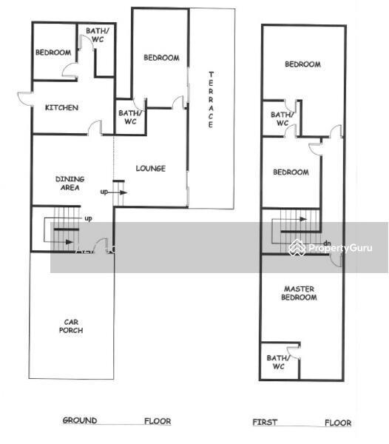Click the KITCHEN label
point(61,107)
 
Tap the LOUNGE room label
point(151,169)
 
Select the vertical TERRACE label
point(211,99)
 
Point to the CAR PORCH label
point(71,326)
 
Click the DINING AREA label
point(70,184)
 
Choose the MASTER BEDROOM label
point(299,293)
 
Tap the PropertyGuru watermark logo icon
point(297,247)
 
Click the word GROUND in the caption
point(80,420)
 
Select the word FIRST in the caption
point(265,423)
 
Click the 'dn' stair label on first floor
point(328,243)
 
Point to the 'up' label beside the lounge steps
point(104,192)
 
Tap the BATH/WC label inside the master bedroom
point(278,362)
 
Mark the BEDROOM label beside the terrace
point(161,58)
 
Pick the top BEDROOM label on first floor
point(302,64)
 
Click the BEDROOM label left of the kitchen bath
point(53,53)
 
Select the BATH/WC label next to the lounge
point(130,117)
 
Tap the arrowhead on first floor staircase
point(303,219)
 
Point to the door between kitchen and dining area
point(95,128)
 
